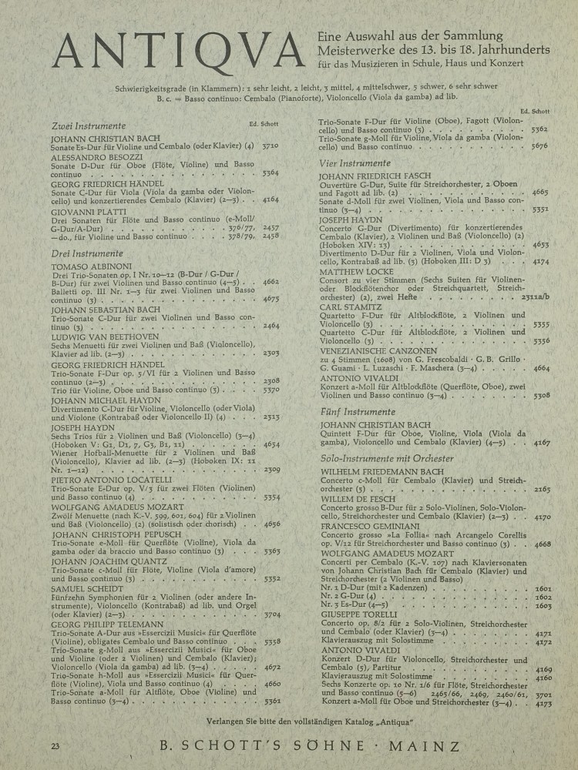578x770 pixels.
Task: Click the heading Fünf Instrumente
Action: point(355,412)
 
